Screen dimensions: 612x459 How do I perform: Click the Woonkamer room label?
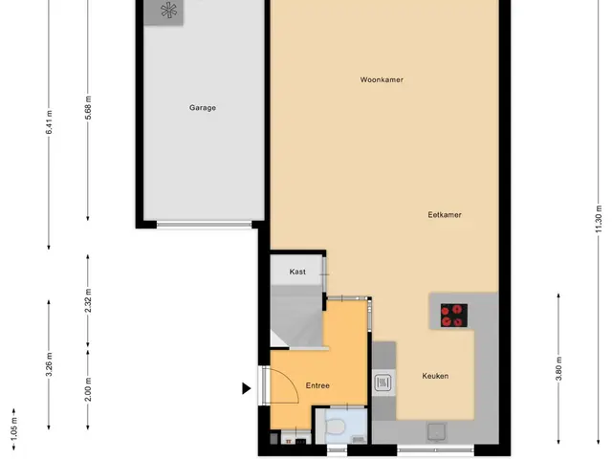point(382,79)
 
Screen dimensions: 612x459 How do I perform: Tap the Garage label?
point(202,108)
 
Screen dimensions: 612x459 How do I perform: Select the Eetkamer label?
point(445,214)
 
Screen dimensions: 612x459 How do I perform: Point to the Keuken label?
point(435,376)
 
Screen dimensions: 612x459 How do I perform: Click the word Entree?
point(317,385)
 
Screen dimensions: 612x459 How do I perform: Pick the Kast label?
point(297,272)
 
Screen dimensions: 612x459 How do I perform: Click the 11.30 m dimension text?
point(599,219)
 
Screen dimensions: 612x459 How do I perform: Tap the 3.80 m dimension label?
point(558,369)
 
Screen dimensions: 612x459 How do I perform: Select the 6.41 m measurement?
point(49,122)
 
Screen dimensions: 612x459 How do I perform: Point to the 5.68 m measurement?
point(88,107)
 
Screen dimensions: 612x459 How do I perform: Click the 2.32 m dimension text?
point(88,301)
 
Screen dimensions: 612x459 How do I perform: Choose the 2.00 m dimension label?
point(88,389)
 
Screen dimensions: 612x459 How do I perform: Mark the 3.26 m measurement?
point(49,364)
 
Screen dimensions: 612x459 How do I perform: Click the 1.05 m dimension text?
point(14,428)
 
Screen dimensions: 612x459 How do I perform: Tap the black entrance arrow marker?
point(247,388)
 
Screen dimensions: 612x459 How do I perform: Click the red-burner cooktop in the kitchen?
point(454,316)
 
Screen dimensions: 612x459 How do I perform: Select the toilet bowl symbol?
point(335,426)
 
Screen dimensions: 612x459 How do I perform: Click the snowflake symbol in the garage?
point(168,11)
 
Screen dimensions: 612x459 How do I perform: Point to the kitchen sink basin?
point(436,432)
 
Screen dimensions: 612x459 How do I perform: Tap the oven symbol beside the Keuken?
point(382,382)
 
